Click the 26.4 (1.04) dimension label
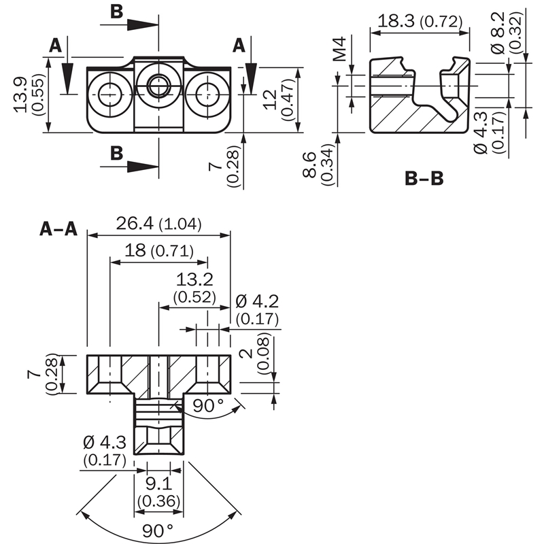point(158,224)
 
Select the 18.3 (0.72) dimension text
point(420,21)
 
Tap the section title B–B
point(424,179)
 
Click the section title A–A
point(58,229)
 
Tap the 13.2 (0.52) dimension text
point(195,288)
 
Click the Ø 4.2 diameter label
point(257,309)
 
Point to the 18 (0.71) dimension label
point(158,251)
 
